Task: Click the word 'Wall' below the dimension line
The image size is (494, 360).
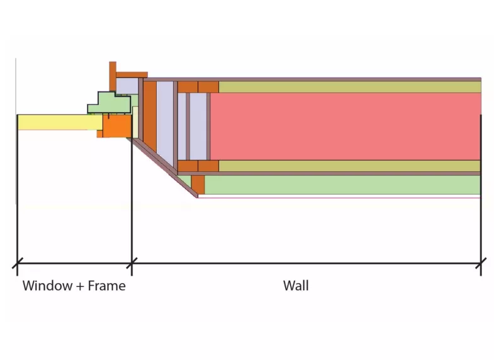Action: (296, 286)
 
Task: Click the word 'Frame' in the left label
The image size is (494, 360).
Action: (106, 286)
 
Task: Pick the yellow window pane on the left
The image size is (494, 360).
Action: (57, 121)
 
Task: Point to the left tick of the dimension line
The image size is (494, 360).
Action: (17, 264)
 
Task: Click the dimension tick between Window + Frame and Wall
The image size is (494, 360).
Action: (132, 264)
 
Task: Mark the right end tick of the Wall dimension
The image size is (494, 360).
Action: (481, 264)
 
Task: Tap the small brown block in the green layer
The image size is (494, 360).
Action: (198, 184)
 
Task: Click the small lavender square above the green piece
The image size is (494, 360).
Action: (127, 85)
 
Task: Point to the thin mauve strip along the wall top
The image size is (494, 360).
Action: (315, 79)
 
